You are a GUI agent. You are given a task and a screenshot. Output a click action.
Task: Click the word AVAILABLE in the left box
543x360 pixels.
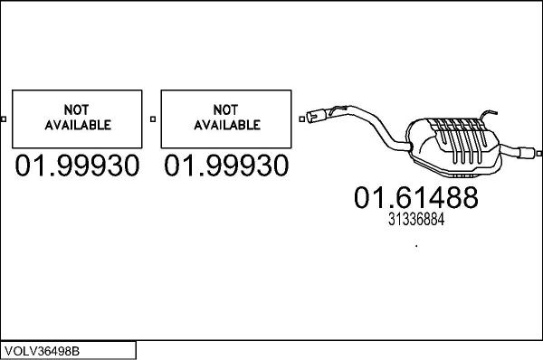[x=77, y=126]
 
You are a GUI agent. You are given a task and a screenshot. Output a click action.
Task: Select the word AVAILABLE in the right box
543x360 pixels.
[x=225, y=126]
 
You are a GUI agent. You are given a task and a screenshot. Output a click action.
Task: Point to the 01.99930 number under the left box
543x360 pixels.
[x=77, y=166]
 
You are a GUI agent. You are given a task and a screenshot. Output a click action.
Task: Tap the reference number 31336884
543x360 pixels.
[x=415, y=218]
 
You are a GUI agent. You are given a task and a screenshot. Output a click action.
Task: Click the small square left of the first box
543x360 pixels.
[x=5, y=118]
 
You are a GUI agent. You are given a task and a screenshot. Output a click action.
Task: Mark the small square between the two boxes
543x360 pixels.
[x=152, y=118]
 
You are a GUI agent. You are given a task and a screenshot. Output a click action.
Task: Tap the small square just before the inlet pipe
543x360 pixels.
[x=300, y=118]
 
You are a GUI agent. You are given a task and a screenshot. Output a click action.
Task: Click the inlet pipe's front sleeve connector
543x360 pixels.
[x=316, y=115]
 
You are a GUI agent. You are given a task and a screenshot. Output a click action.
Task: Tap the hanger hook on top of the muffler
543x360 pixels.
[x=489, y=114]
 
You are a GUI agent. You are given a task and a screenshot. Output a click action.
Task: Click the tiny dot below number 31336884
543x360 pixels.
[x=415, y=244]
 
